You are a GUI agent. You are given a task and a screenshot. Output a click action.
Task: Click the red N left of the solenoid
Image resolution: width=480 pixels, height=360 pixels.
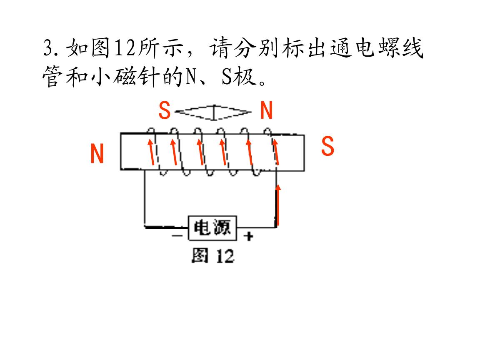97,154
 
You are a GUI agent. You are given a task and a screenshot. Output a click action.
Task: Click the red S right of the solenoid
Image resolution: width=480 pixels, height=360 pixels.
328,147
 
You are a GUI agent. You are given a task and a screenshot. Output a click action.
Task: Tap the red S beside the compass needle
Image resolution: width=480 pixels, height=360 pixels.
165,111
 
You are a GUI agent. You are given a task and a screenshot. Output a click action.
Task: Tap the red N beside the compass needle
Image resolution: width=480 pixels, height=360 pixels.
266,111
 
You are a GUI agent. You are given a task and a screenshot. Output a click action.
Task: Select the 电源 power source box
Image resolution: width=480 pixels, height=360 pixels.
212,228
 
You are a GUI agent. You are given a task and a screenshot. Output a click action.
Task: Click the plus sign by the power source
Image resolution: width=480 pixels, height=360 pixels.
249,237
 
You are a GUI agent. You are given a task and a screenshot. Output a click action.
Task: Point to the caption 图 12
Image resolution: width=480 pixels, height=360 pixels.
212,255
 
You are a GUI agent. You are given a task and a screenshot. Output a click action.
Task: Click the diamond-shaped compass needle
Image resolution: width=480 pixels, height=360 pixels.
214,112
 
